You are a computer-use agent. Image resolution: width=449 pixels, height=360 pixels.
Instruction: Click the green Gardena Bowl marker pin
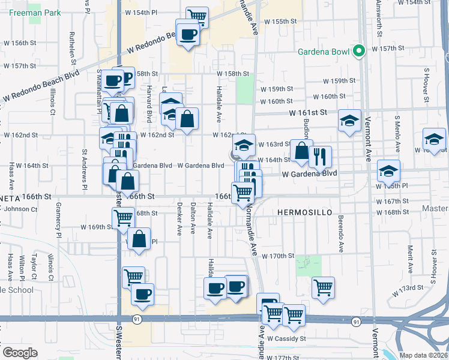coord(360,51)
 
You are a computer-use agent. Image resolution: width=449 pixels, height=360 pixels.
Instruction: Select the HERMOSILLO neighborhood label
coord(300,213)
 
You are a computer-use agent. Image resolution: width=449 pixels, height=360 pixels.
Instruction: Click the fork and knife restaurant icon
coord(320,157)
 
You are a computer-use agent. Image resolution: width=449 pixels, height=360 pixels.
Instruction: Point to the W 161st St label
coord(307,112)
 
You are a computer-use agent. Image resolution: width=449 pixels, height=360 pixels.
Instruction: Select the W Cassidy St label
coord(286,338)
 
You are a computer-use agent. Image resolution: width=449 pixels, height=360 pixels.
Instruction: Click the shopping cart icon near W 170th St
coord(323,287)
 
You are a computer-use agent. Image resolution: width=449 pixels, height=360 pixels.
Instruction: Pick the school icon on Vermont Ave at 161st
coord(349,121)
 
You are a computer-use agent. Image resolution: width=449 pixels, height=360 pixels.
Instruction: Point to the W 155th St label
coord(284,21)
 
